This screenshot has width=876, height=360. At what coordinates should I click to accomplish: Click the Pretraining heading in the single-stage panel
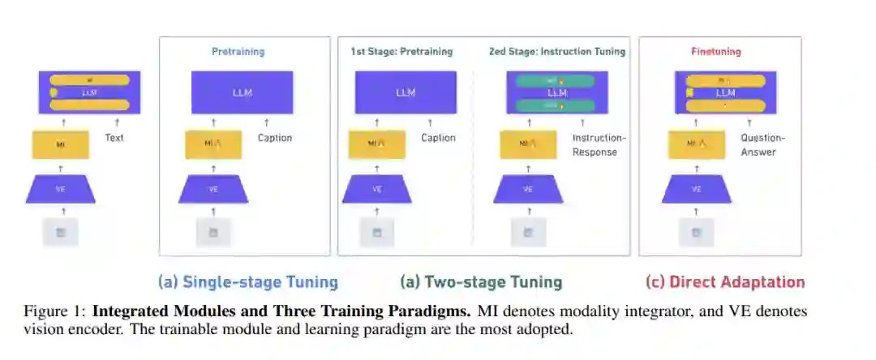click(238, 52)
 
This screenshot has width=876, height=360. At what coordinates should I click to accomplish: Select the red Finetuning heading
click(715, 52)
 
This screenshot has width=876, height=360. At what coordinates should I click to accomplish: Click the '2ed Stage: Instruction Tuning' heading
click(556, 52)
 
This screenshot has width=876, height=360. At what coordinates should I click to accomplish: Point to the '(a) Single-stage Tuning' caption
click(247, 282)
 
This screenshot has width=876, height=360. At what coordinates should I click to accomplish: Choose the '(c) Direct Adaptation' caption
click(725, 282)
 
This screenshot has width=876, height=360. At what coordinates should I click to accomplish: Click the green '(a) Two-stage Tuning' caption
click(481, 282)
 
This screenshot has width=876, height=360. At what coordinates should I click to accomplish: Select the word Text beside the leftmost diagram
click(114, 139)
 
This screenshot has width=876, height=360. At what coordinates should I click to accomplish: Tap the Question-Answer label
click(762, 144)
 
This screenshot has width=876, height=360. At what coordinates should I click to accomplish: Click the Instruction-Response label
click(595, 144)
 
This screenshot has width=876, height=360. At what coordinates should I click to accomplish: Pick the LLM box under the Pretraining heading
click(242, 92)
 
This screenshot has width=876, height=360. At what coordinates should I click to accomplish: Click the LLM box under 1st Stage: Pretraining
click(406, 92)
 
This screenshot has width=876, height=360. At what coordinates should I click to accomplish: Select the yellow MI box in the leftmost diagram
click(61, 144)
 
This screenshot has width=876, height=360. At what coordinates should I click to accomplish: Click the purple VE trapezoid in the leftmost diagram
click(62, 190)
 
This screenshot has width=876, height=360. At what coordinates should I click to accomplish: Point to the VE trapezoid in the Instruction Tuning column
click(527, 190)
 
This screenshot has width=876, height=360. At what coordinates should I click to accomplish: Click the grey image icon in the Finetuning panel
click(696, 233)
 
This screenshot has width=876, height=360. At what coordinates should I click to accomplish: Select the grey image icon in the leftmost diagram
click(61, 233)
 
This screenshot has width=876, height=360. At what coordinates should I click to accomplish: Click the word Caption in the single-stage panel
click(275, 139)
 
